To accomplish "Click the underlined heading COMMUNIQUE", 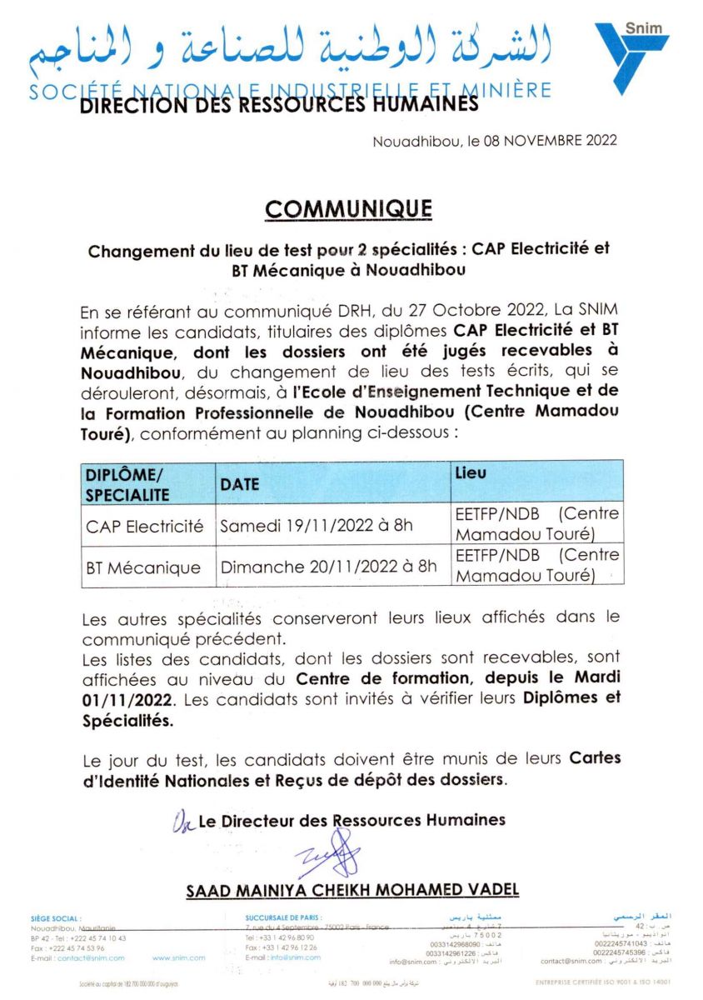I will (x=348, y=208).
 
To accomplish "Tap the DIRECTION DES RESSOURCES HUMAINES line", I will (x=279, y=104).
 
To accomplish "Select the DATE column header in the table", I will (x=240, y=484).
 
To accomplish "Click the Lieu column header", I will (x=471, y=472).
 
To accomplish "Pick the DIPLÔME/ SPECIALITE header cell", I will (x=127, y=484).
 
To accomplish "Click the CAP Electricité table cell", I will (x=145, y=527).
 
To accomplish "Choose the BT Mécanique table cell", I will (x=143, y=568).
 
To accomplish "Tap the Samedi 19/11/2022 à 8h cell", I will (x=316, y=527).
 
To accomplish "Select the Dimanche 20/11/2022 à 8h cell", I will (x=328, y=567).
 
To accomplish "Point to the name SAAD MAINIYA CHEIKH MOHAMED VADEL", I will (x=352, y=890).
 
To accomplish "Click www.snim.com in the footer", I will (x=179, y=958).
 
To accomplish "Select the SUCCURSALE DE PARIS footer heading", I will (x=281, y=918).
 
